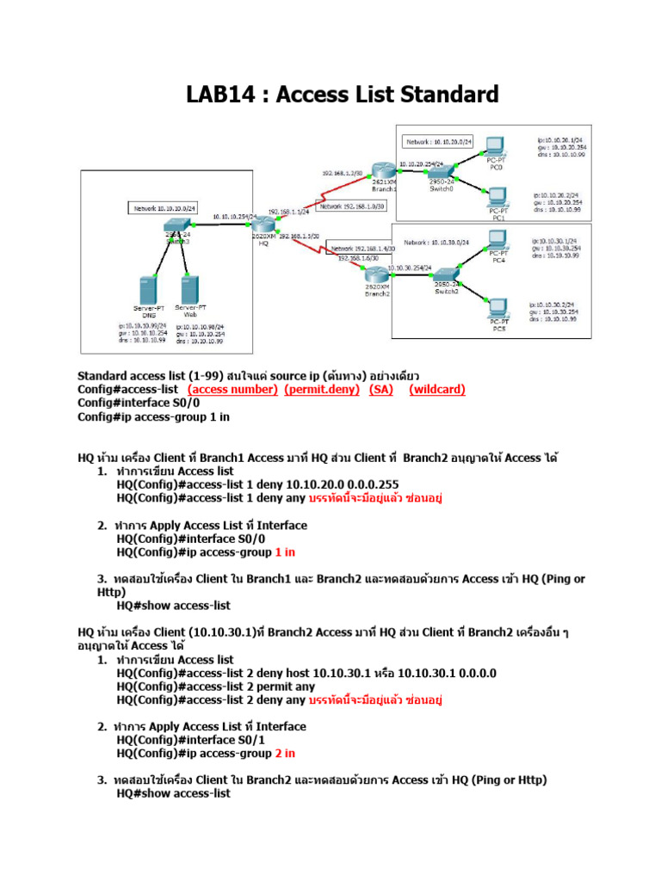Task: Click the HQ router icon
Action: point(264,225)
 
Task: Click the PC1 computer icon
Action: point(497,195)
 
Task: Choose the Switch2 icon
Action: point(447,273)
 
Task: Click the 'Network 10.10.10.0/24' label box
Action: point(164,208)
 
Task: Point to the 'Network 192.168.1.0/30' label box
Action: point(352,206)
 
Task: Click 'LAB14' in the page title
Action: point(217,93)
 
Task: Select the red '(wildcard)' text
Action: point(436,390)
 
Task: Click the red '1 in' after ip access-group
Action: point(285,552)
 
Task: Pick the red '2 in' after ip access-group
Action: point(285,754)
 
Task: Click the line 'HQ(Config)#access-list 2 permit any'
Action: point(215,687)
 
